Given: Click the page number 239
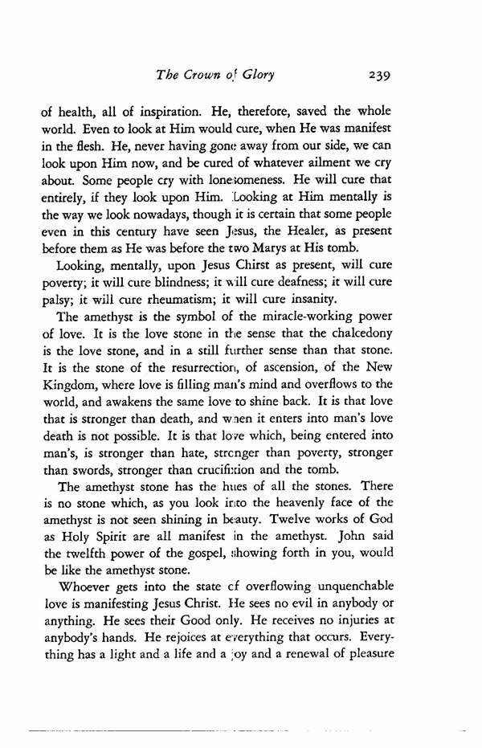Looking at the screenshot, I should (x=374, y=77).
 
